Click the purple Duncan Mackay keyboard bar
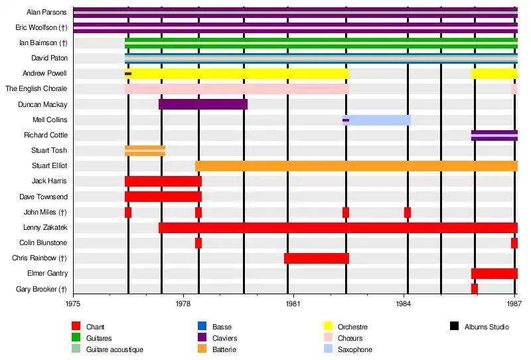(x=202, y=104)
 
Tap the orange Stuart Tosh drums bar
(x=145, y=151)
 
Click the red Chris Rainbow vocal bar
(x=316, y=258)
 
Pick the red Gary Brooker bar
(x=475, y=289)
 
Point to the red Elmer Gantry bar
(x=494, y=274)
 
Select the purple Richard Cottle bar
(x=494, y=135)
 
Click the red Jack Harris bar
(x=163, y=181)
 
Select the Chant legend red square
(x=76, y=326)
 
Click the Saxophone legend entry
(x=354, y=349)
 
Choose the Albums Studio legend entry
(x=486, y=327)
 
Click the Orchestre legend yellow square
(x=328, y=326)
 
